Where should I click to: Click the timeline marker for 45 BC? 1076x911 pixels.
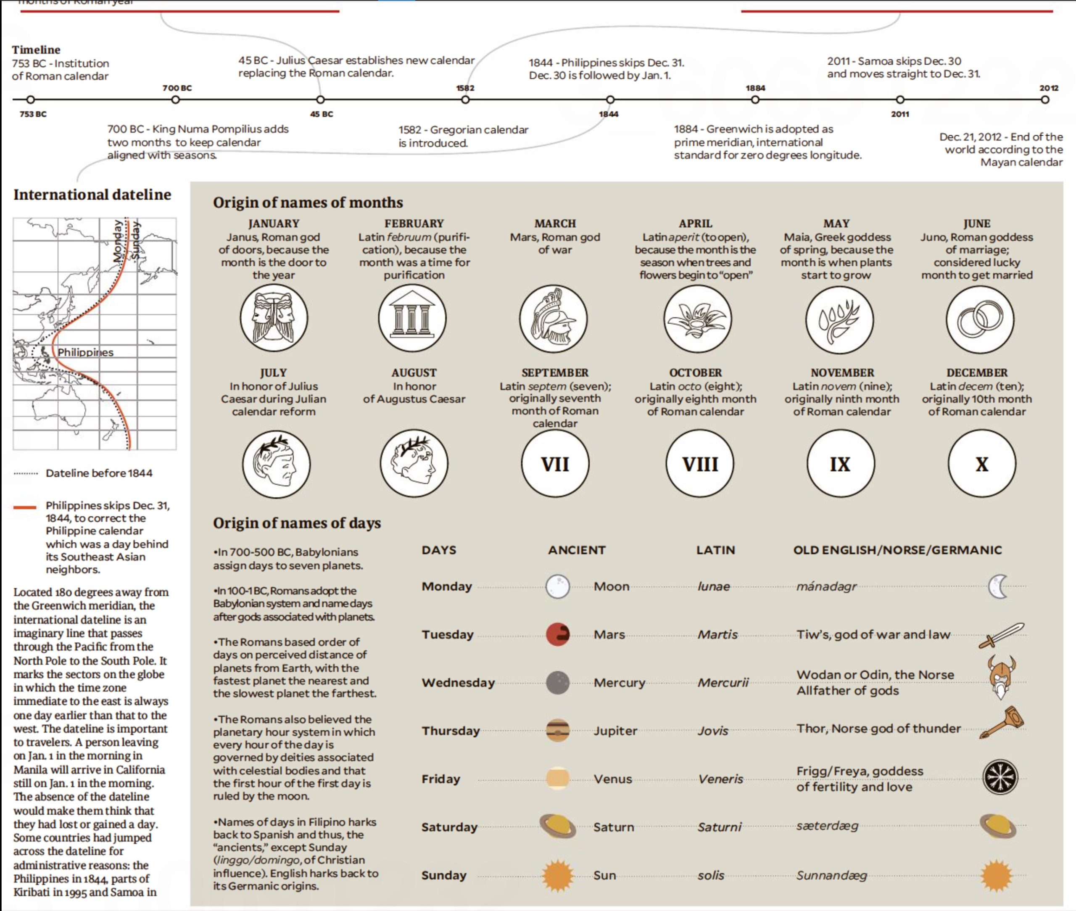pos(321,100)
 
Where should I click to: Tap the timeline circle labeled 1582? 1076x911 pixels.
pos(465,100)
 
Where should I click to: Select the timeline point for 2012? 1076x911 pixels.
pos(1045,100)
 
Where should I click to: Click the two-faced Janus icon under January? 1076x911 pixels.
pos(274,318)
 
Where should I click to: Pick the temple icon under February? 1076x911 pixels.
pos(412,318)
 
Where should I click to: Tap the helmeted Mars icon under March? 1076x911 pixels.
pos(554,319)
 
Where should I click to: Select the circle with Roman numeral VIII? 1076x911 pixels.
pos(699,464)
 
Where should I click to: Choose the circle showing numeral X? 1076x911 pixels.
pos(982,464)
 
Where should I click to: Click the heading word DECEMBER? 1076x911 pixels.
pos(977,373)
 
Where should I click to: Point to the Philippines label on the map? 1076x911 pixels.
pos(85,352)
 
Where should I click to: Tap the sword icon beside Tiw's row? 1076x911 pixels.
pos(1001,635)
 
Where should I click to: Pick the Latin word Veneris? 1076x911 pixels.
pos(721,779)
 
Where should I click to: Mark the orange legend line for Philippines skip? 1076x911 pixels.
pos(25,507)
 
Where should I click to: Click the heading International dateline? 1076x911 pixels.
pos(92,195)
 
